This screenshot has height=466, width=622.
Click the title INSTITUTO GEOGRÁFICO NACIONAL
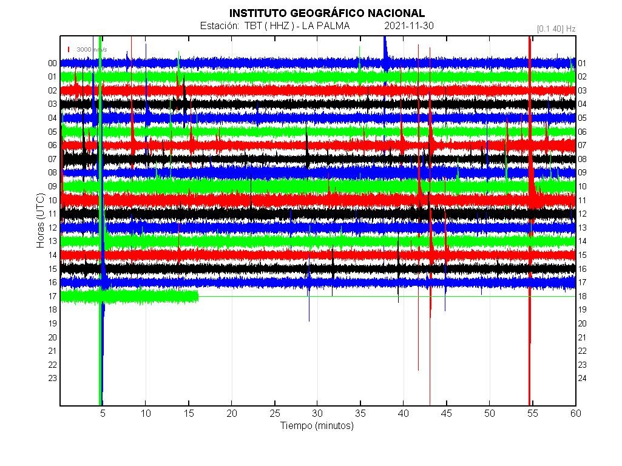click(326, 13)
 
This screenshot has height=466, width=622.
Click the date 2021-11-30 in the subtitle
click(409, 25)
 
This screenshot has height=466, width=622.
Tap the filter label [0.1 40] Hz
click(556, 29)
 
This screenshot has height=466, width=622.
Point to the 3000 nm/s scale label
click(92, 49)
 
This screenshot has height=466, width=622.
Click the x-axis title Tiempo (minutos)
click(317, 426)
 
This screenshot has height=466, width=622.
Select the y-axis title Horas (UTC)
click(41, 221)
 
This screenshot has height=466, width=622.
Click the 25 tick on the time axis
click(275, 413)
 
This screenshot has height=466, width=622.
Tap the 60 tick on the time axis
click(575, 413)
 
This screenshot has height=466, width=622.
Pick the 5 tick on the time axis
click(103, 413)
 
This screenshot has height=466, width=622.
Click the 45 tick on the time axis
click(447, 413)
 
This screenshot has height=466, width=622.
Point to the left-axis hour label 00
click(53, 63)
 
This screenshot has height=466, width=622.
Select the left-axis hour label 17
click(53, 296)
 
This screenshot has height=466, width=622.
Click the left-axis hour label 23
click(53, 378)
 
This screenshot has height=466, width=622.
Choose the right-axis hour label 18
click(582, 296)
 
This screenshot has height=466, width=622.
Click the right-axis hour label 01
click(582, 63)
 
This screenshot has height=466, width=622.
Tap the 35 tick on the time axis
click(361, 413)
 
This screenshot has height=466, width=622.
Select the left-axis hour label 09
click(53, 186)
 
